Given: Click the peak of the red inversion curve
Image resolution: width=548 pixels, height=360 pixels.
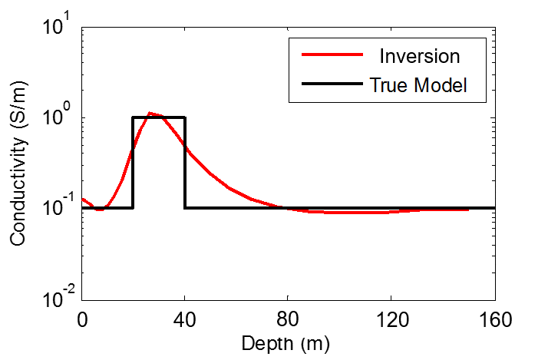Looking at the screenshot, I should tap(151, 114).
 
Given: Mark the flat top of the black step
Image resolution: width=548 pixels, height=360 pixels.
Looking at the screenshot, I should tap(159, 117).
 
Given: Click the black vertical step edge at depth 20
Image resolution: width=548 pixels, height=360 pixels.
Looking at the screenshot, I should tap(134, 162).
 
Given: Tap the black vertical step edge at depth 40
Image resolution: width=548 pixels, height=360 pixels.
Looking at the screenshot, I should tap(185, 162).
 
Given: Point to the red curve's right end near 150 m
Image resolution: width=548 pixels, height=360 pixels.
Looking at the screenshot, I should tap(467, 210).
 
